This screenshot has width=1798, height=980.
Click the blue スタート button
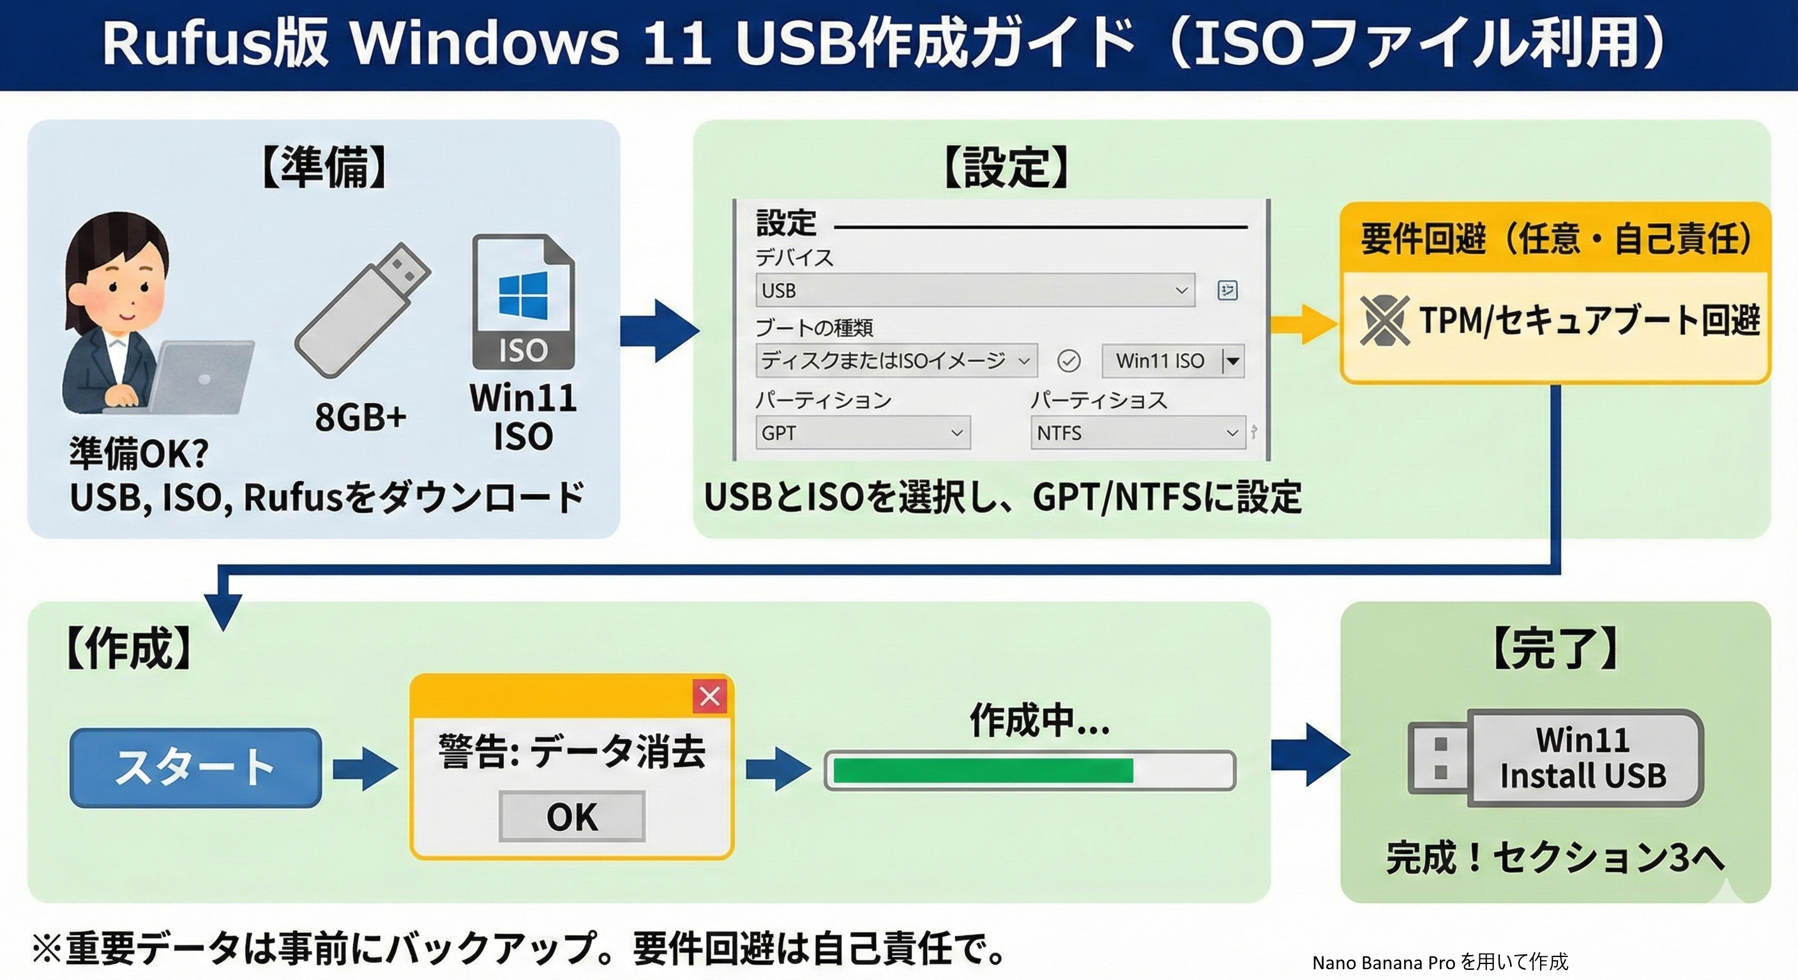(x=195, y=768)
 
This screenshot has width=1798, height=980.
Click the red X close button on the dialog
(x=710, y=696)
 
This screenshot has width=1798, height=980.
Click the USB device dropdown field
(x=974, y=290)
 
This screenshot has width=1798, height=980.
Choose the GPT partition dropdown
(x=862, y=433)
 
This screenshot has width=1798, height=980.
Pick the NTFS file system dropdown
(x=1137, y=433)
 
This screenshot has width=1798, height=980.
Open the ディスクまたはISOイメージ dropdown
(x=896, y=360)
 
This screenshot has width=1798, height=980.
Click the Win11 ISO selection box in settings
(x=1173, y=360)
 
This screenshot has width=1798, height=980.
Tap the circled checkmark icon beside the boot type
(x=1069, y=360)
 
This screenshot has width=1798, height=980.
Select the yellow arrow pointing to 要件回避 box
(x=1303, y=323)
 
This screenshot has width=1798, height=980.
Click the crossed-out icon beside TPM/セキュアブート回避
(x=1384, y=320)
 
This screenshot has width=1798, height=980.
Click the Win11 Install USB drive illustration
(x=1555, y=758)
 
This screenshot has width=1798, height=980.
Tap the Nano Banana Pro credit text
(x=1439, y=963)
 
